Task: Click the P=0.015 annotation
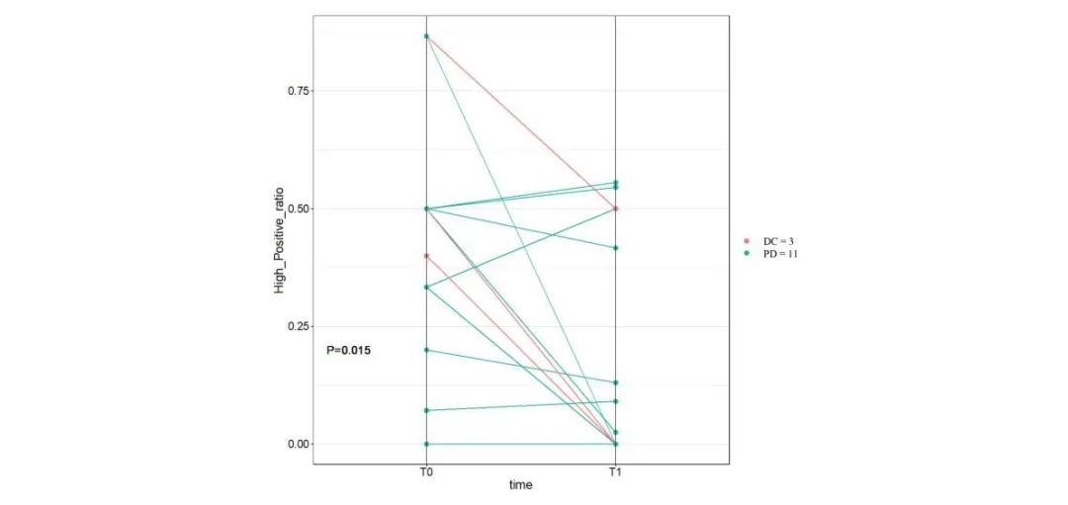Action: point(349,351)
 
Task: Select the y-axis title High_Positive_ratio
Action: point(281,237)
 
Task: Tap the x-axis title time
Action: point(521,485)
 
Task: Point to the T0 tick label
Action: point(426,472)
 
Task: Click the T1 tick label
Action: point(616,472)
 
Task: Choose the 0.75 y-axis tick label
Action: point(298,91)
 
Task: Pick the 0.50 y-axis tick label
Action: point(298,209)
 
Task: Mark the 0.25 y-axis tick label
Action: point(298,326)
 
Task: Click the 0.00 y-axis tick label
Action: point(298,444)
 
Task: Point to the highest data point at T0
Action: point(426,37)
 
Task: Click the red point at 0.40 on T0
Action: point(426,256)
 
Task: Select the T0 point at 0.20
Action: point(426,350)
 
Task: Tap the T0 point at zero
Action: point(426,444)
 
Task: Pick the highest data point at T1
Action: point(616,183)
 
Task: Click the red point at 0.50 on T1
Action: point(616,209)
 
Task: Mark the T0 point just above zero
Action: point(426,410)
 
